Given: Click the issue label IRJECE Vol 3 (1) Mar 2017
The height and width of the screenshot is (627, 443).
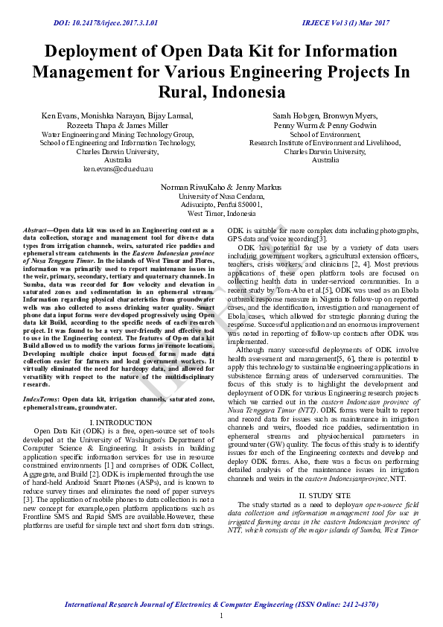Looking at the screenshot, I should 345,23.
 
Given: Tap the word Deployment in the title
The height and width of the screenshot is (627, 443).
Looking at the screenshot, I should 97,52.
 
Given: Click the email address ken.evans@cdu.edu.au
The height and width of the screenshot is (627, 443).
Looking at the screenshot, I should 118,170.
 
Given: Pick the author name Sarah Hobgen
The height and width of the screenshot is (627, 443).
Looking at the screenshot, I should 290,116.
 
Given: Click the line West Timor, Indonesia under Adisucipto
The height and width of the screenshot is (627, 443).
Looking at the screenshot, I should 221,213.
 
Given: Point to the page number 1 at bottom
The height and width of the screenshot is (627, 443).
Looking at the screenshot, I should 221,615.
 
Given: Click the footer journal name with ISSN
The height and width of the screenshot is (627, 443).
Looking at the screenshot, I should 221,605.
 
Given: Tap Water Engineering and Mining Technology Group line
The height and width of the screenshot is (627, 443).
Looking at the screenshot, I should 118,134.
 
